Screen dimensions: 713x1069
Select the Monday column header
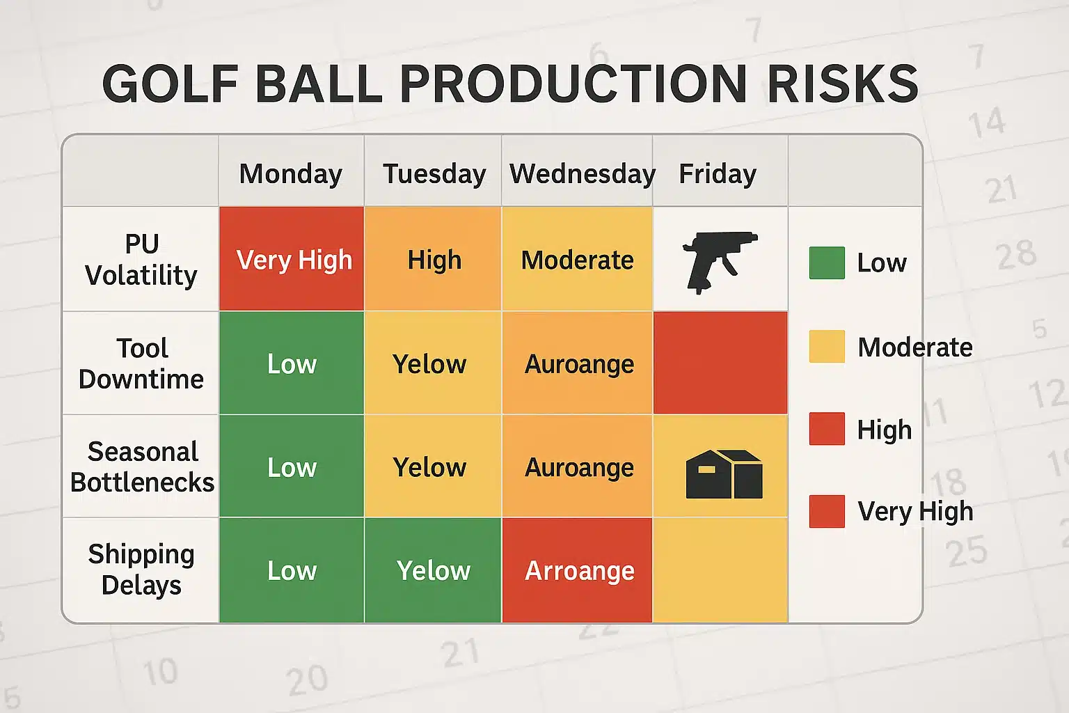[x=290, y=173]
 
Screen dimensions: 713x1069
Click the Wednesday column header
[x=582, y=173]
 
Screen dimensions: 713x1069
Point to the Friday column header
[x=717, y=173]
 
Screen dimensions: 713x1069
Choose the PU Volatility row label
[x=141, y=260]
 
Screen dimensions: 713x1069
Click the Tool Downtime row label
[x=141, y=363]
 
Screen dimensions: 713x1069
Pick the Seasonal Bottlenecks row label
[x=142, y=467]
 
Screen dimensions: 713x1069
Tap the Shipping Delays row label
[x=141, y=570]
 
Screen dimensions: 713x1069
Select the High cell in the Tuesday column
[x=434, y=260]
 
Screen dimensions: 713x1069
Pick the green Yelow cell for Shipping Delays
[x=433, y=570]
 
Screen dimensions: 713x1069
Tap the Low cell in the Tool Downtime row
[x=292, y=363]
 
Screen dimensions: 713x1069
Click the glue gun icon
[x=720, y=260]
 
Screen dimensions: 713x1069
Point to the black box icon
[x=724, y=474]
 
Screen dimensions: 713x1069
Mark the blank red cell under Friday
[x=720, y=363]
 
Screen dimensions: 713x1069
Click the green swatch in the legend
[x=827, y=263]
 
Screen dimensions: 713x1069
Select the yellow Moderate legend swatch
[x=827, y=347]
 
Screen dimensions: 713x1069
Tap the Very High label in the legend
[x=914, y=512]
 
